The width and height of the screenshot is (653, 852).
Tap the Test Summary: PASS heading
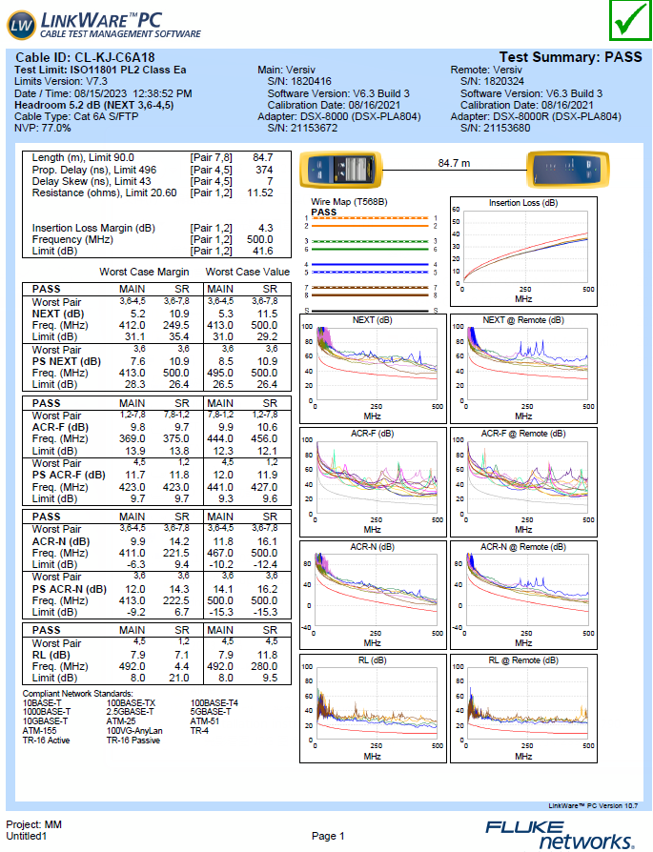click(x=570, y=57)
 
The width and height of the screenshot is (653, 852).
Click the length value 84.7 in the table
click(x=262, y=157)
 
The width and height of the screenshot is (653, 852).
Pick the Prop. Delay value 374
click(x=264, y=170)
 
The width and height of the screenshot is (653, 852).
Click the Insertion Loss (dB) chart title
click(x=523, y=203)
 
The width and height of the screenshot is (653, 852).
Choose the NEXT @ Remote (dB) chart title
click(x=523, y=320)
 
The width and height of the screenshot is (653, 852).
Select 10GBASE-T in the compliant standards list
click(x=45, y=720)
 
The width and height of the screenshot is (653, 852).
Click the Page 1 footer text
click(x=328, y=836)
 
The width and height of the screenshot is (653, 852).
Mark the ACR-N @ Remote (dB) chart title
click(x=523, y=547)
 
